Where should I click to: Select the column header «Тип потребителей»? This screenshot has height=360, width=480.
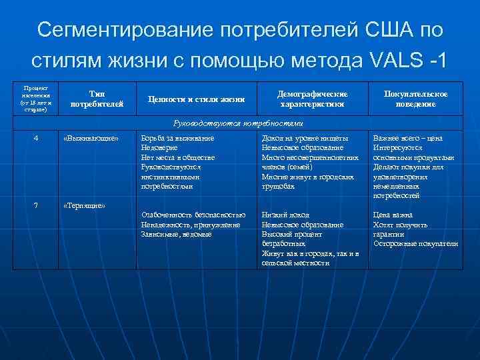pos(96,99)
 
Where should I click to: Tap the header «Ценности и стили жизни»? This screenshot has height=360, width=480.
pos(196,99)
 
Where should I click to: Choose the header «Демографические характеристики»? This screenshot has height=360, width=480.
pos(313,99)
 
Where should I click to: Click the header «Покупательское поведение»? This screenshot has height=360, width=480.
pos(415,99)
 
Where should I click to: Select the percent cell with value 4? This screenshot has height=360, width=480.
pos(35,138)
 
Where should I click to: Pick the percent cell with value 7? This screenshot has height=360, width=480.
pos(35,205)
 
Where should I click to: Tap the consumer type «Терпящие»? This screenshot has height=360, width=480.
pos(84,205)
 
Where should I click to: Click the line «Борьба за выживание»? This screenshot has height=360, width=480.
pos(177,138)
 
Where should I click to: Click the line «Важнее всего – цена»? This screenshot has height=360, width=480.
pos(407,138)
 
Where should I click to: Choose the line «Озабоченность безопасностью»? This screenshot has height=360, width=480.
pos(193,215)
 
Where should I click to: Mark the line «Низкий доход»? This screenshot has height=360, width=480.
pos(285,215)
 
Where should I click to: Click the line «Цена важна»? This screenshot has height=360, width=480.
pos(393,215)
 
